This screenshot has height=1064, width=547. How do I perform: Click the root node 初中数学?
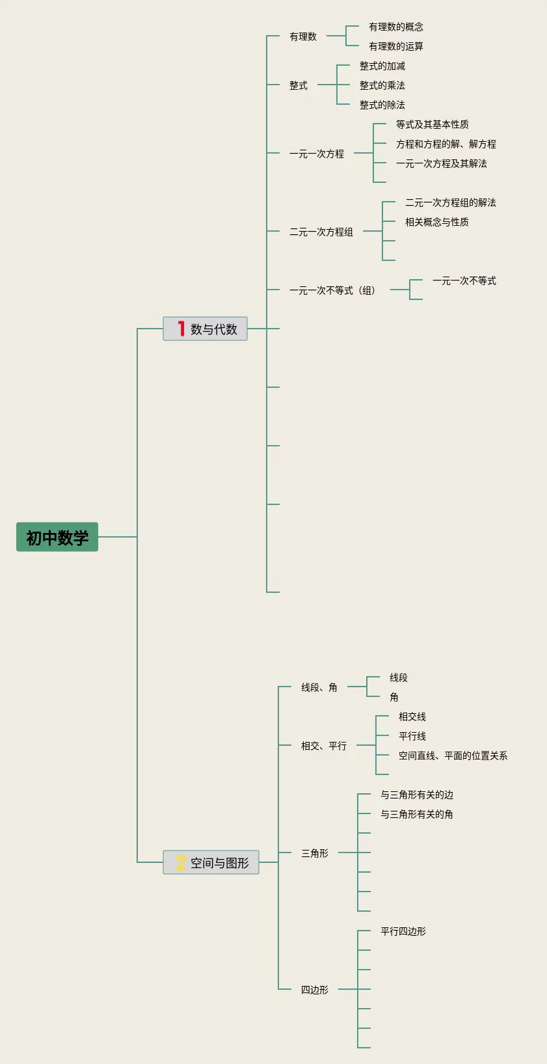(x=57, y=537)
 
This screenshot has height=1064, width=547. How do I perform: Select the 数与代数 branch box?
(x=205, y=329)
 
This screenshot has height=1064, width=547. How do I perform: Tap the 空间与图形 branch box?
(x=211, y=862)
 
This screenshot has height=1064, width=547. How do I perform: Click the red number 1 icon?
(x=181, y=329)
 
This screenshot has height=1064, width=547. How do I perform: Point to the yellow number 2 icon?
(x=180, y=862)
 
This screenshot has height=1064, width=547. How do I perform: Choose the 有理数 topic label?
(x=303, y=36)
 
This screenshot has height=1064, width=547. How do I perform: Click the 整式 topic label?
(x=299, y=85)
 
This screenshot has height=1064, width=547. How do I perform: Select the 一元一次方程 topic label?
(x=317, y=154)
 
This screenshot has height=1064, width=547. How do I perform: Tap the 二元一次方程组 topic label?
(x=321, y=232)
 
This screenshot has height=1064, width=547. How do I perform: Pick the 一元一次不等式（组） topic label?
(x=332, y=290)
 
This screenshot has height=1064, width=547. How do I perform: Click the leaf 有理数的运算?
(x=396, y=46)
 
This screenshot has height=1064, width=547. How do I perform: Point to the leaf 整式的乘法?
(x=382, y=85)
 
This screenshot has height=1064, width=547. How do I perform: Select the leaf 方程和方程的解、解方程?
(x=446, y=144)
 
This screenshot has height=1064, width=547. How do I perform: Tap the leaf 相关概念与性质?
(x=437, y=222)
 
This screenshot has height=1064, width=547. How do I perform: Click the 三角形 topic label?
(x=315, y=853)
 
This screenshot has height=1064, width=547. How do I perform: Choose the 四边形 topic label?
(x=315, y=990)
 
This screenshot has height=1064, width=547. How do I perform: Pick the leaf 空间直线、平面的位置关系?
(x=453, y=756)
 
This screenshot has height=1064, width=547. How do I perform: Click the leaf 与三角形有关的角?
(x=417, y=814)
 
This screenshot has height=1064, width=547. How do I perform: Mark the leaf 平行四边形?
(x=403, y=931)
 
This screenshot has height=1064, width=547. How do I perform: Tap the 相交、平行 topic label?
(x=324, y=746)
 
